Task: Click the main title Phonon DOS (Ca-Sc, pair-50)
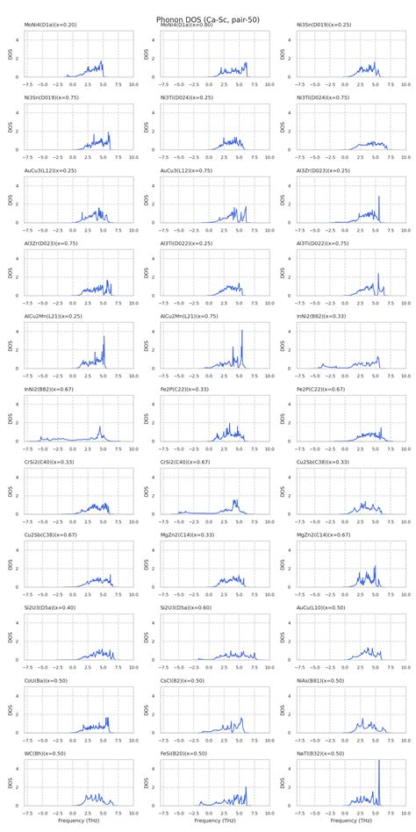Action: tap(208, 18)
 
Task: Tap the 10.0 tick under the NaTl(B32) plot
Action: tap(405, 813)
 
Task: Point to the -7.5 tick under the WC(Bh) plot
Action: tap(29, 813)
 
